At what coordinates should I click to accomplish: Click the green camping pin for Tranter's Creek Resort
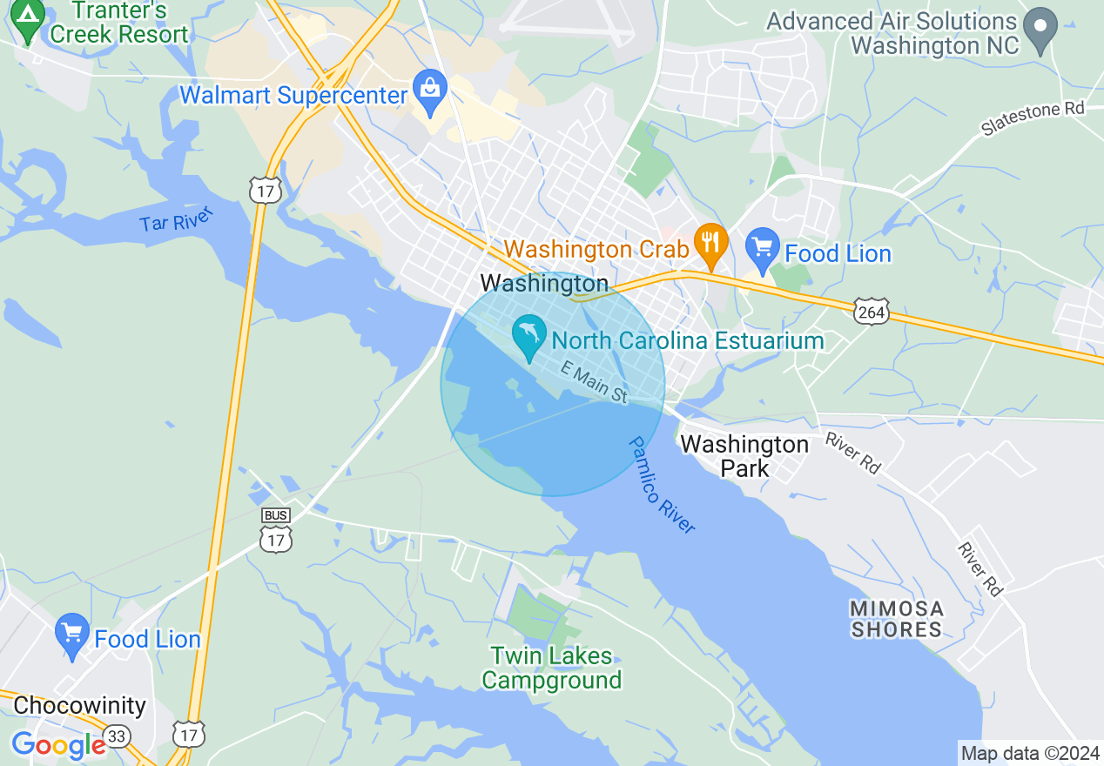point(28,19)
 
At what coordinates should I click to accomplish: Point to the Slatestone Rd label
point(1033,118)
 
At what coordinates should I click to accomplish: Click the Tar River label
point(177,222)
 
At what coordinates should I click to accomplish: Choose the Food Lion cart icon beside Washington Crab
point(762,250)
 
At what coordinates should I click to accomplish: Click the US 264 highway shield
point(870,312)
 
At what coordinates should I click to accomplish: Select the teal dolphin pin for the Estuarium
point(528,336)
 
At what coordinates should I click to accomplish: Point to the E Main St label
point(594,382)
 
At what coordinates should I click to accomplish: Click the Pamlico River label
point(662,484)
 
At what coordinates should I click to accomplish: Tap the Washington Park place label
point(744,456)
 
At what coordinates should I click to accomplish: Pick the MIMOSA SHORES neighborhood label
point(897,619)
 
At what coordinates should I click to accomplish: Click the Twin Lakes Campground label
point(552,668)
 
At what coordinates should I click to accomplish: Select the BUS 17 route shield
point(276,531)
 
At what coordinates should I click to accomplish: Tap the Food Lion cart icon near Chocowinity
point(71,635)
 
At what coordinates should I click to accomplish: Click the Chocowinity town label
point(80,705)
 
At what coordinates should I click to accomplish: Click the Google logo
point(57,745)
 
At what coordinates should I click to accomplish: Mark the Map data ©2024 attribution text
point(1030,753)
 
